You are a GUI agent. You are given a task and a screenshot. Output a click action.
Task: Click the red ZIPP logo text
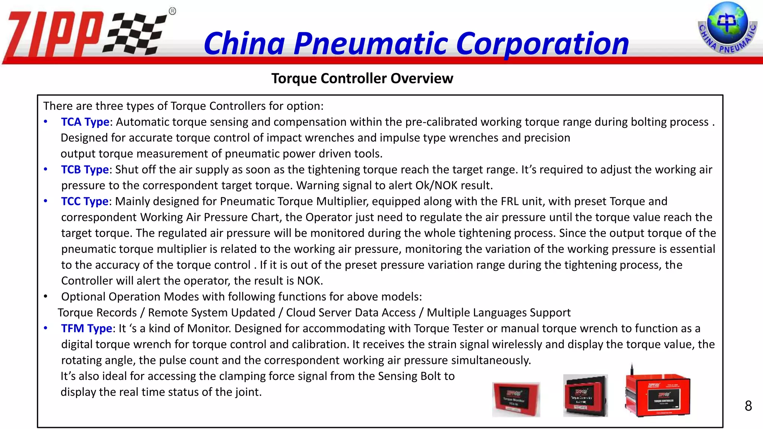pos(54,35)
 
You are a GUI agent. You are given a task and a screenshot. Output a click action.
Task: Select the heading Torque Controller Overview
pos(362,79)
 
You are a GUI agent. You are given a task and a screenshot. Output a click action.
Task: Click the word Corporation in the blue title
pos(542,44)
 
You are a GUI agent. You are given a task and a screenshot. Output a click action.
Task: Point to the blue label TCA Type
pos(85,122)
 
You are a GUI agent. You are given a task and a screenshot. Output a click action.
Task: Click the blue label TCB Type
pos(85,169)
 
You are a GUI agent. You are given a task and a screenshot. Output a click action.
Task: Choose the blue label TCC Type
pos(85,201)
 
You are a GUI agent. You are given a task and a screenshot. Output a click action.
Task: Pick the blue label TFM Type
pos(86,328)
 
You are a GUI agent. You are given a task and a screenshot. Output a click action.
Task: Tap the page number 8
pos(748,406)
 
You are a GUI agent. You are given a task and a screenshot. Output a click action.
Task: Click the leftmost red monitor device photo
pos(516,399)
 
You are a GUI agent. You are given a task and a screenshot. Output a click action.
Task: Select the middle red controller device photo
pos(585,396)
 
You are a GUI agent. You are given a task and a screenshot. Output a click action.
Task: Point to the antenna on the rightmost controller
pos(632,369)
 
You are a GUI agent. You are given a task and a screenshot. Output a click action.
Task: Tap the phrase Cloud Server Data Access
pos(351,312)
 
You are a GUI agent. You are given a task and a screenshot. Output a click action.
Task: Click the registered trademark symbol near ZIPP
pos(172,11)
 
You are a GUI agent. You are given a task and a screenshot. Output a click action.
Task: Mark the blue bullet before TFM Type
pos(45,328)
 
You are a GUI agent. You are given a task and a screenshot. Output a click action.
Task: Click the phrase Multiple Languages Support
pos(498,312)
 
